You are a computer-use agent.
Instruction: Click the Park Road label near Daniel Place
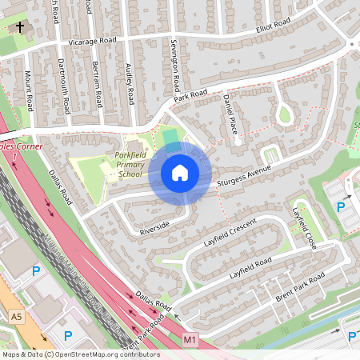point(190,95)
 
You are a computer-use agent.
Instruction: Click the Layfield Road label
point(250,267)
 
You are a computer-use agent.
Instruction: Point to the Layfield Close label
point(305,229)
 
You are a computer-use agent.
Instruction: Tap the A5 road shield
point(17,318)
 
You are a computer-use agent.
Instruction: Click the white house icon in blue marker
point(180,172)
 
